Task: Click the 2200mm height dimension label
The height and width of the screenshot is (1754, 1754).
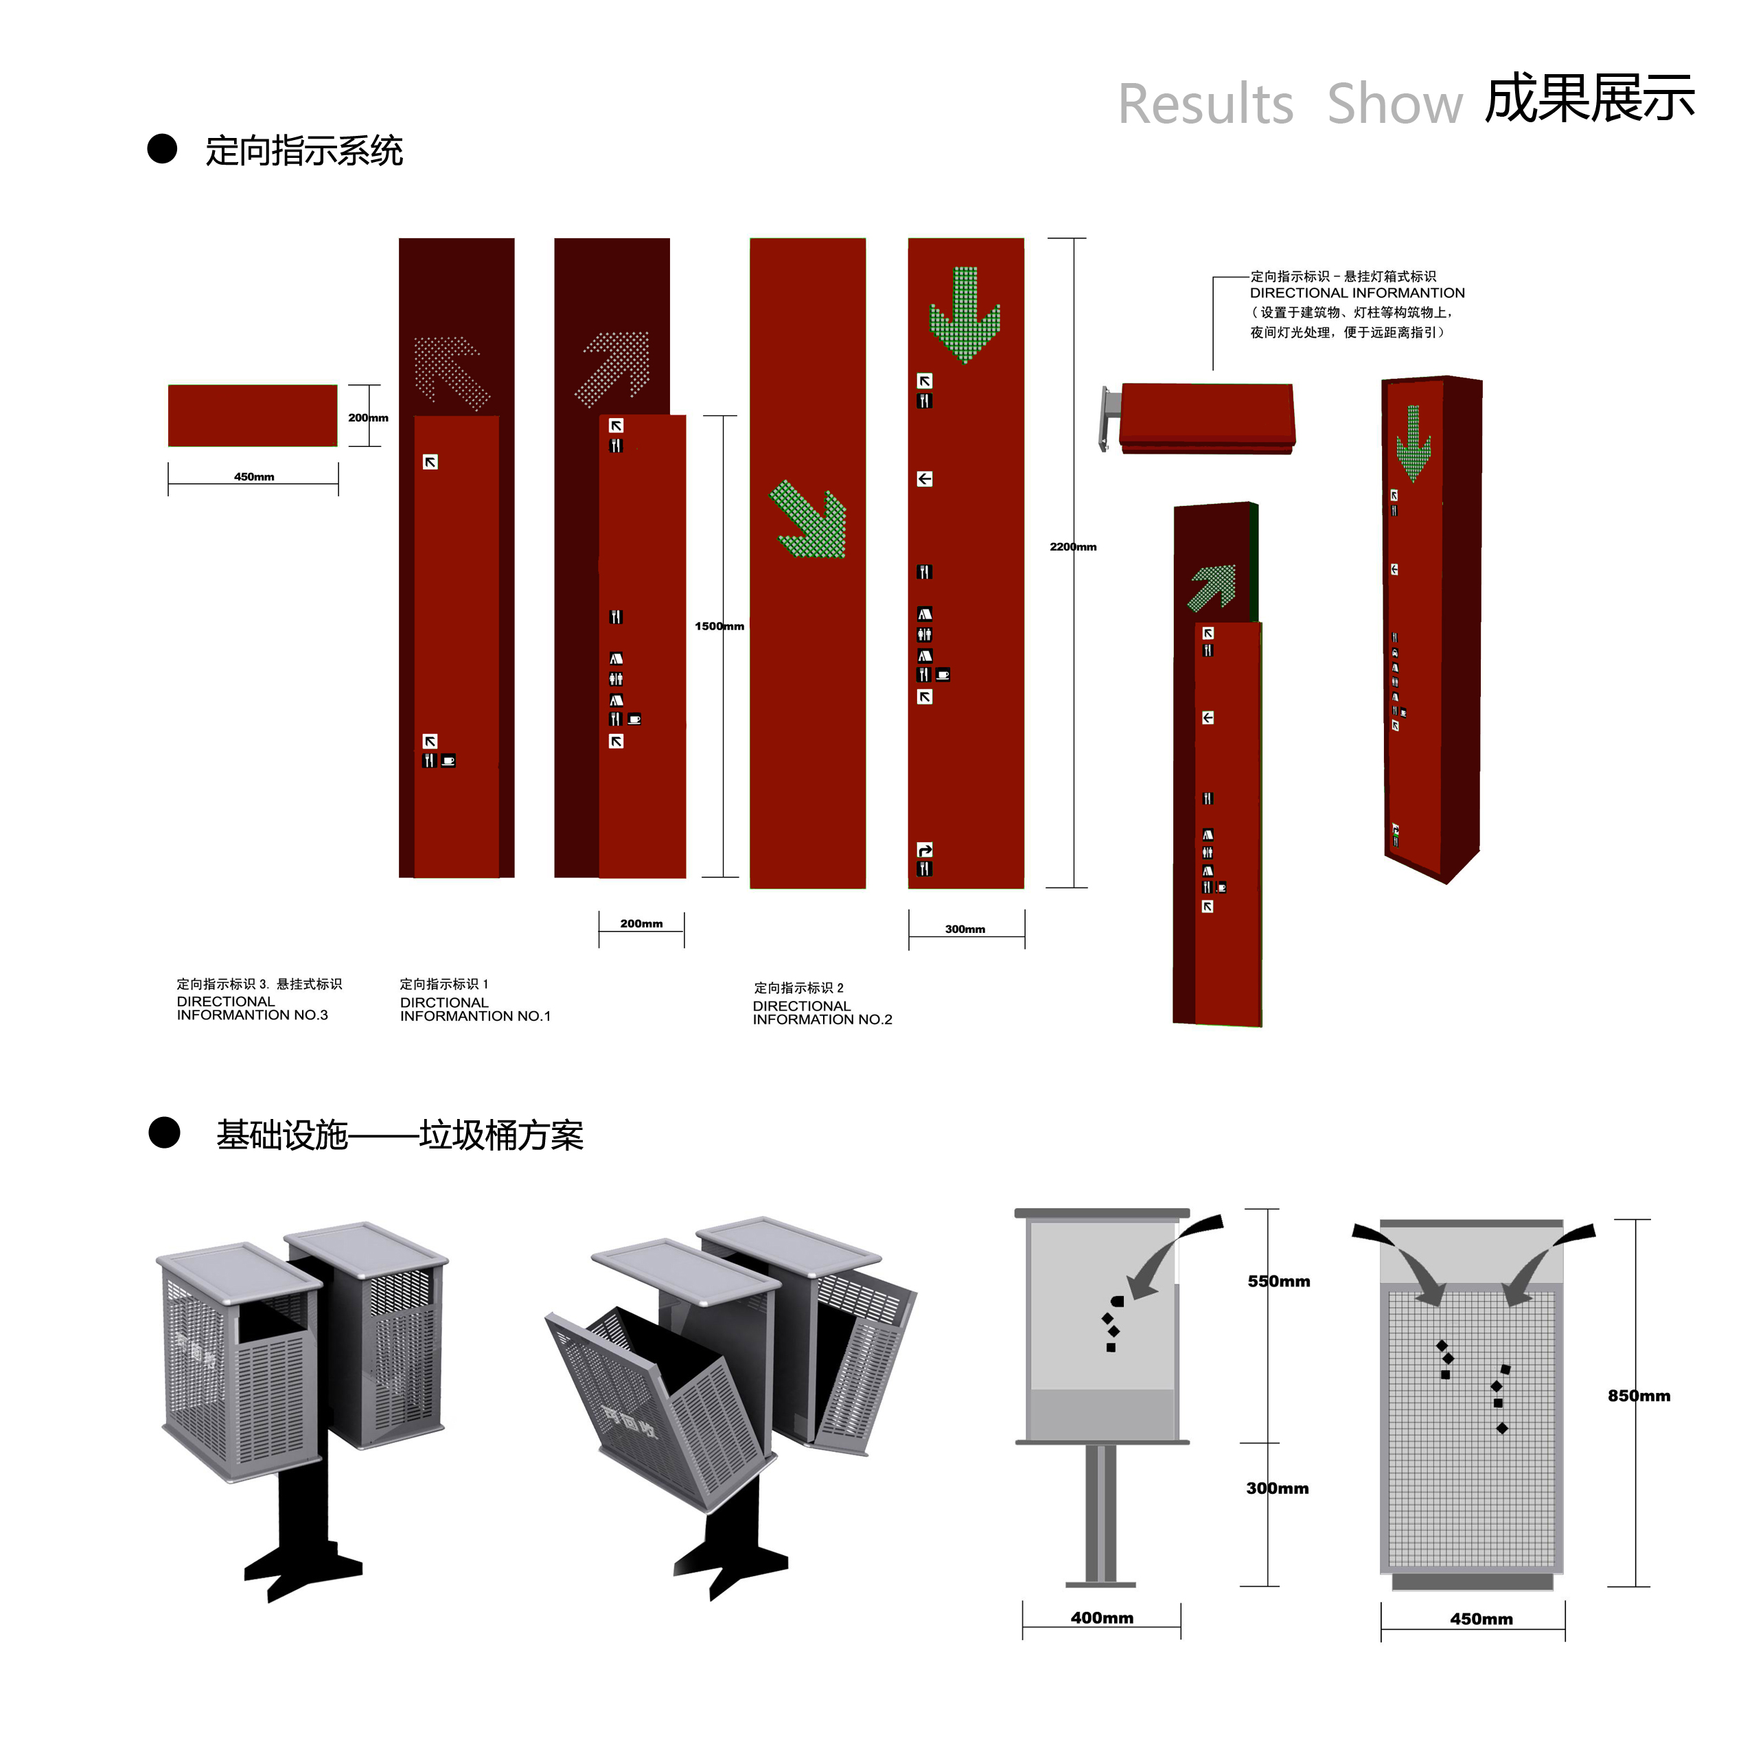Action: click(1072, 546)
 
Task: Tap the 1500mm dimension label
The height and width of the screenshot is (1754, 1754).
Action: click(719, 626)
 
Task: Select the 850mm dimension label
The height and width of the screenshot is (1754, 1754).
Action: click(1639, 1396)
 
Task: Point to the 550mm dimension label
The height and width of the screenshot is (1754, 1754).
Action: click(1278, 1281)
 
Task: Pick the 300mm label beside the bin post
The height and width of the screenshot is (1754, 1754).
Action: click(1276, 1488)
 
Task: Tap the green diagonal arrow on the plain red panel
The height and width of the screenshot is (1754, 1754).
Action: click(811, 520)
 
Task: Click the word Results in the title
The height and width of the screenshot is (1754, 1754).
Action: click(1205, 104)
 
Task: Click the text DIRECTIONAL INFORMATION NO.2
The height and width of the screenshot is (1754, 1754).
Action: click(822, 1013)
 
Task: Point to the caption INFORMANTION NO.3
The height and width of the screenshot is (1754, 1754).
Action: click(253, 1015)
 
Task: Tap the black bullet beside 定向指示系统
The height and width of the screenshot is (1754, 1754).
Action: click(163, 149)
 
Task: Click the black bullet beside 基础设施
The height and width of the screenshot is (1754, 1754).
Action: click(164, 1133)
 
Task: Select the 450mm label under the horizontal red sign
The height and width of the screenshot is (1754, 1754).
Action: click(253, 476)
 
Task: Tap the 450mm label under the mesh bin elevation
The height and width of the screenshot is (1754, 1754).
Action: click(1481, 1619)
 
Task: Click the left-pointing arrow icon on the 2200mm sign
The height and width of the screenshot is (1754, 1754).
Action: click(924, 479)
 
